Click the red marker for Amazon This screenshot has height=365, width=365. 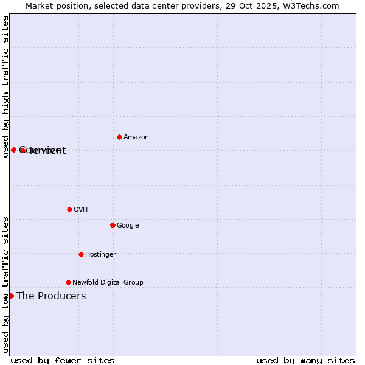[x=119, y=137]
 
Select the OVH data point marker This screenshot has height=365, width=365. [x=69, y=209]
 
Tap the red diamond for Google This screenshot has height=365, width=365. [x=113, y=225]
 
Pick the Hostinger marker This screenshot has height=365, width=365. [x=81, y=254]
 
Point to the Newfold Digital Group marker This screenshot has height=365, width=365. [x=68, y=282]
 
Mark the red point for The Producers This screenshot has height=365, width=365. [x=11, y=296]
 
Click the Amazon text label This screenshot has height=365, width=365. [x=136, y=137]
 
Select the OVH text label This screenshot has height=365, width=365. [x=81, y=210]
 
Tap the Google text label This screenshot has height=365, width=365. [x=128, y=226]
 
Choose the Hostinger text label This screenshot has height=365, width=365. [x=100, y=255]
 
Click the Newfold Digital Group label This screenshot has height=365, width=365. [x=108, y=283]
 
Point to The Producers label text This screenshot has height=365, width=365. [x=51, y=296]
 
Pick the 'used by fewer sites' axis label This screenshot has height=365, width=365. [x=63, y=360]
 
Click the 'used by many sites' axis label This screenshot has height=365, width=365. [x=305, y=360]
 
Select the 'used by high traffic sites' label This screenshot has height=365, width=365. [x=6, y=86]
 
